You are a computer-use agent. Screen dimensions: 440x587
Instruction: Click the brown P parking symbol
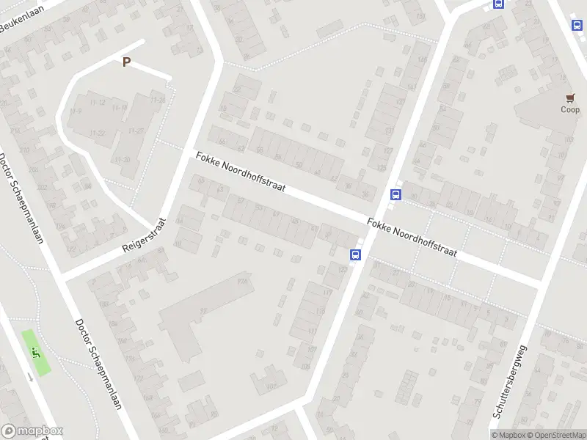126,62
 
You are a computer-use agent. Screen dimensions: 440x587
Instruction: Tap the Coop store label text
570,110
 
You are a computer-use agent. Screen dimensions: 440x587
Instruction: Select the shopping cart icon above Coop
570,98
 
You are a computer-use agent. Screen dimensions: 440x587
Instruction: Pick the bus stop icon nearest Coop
577,25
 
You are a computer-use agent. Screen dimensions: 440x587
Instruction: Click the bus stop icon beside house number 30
396,194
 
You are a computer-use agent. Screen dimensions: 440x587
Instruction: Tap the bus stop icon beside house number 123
356,254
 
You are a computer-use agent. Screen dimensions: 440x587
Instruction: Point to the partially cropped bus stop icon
499,4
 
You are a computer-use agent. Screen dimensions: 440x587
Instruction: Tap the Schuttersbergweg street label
511,382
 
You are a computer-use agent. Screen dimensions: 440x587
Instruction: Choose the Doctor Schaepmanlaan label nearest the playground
98,373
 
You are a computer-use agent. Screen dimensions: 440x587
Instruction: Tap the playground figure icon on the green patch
35,351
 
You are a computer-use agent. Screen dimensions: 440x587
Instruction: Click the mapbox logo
32,431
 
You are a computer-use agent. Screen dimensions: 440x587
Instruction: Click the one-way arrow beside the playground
29,376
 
